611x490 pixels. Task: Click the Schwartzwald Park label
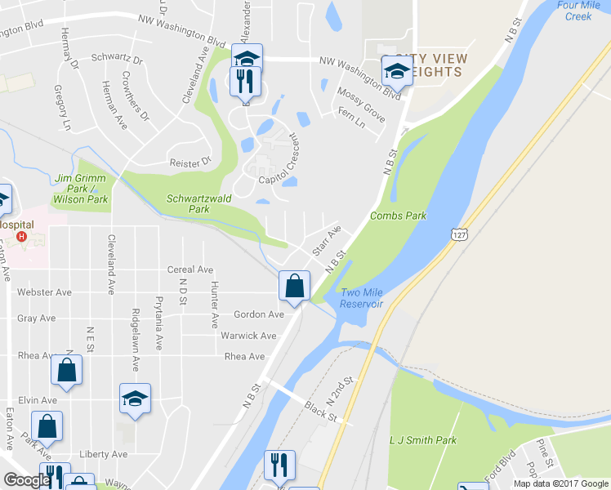click(188, 203)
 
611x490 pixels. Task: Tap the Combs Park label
click(398, 216)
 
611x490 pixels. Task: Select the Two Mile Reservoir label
click(362, 298)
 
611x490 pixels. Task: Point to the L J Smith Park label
click(424, 440)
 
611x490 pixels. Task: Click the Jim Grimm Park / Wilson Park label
click(80, 189)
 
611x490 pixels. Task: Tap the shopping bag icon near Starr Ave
click(294, 286)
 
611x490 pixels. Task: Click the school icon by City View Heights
click(397, 70)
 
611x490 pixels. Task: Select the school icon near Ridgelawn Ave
click(135, 399)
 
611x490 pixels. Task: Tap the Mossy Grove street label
click(360, 104)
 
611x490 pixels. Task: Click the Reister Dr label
click(190, 163)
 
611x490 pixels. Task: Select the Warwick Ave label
click(248, 336)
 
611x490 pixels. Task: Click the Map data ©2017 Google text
click(560, 483)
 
